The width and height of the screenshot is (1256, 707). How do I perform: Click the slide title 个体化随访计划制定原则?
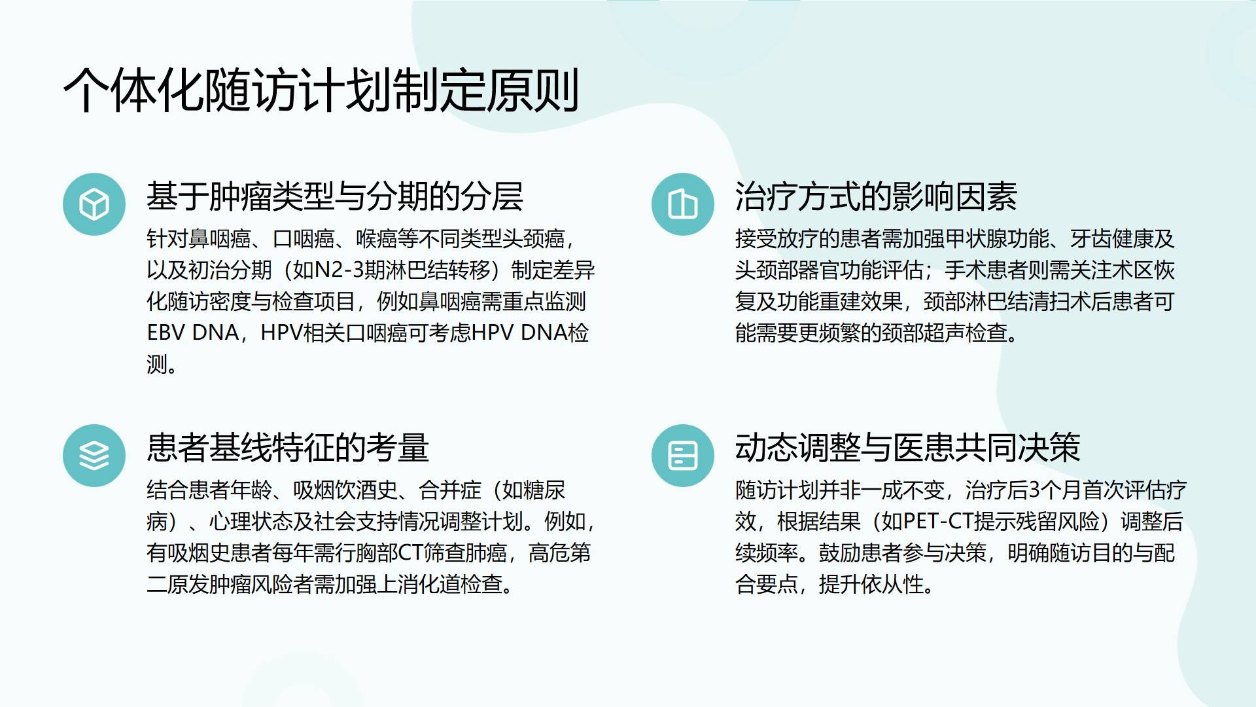pyautogui.click(x=321, y=90)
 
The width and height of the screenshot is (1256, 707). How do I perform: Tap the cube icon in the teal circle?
pyautogui.click(x=94, y=204)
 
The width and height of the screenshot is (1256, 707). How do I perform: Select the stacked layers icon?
pyautogui.click(x=94, y=456)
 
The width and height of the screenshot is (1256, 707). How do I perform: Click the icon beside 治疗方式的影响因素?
pyautogui.click(x=683, y=204)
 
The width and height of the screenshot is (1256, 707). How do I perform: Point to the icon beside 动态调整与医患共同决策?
pyautogui.click(x=683, y=456)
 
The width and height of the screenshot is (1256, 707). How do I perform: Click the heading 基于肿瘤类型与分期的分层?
pyautogui.click(x=335, y=196)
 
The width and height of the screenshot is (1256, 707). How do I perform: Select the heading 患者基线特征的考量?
pyautogui.click(x=288, y=448)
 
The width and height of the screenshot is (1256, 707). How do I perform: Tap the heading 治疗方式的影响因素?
pyautogui.click(x=877, y=196)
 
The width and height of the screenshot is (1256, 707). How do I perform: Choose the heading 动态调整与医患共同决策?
pyautogui.click(x=908, y=448)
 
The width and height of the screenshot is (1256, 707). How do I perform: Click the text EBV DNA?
pyautogui.click(x=193, y=333)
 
